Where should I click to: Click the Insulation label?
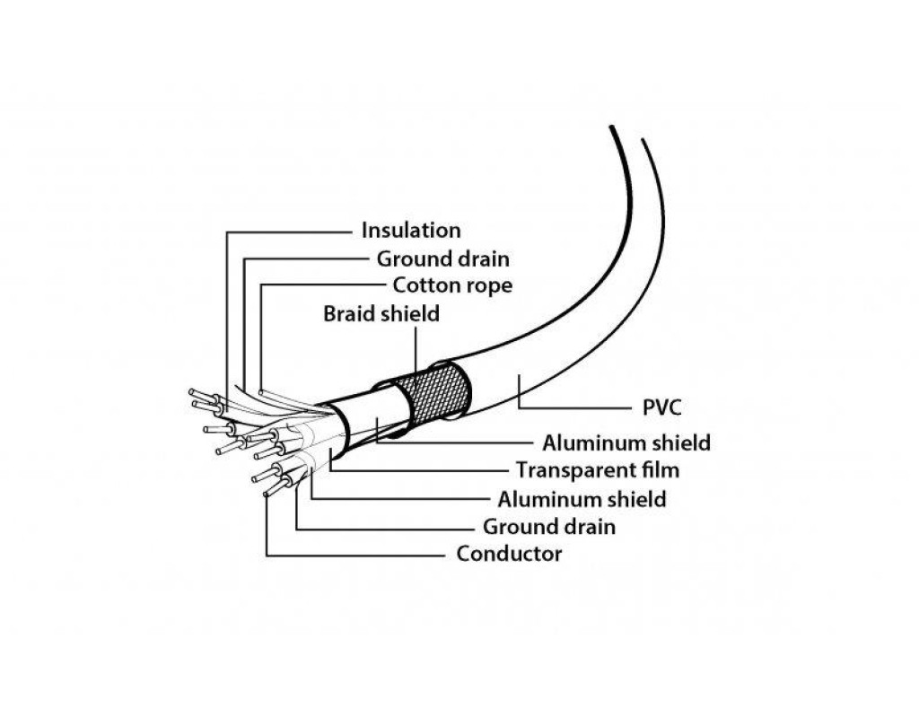coord(410,231)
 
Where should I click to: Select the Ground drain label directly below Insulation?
coord(442,259)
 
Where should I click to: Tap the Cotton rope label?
coord(452,286)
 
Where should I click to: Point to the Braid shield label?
coord(381,314)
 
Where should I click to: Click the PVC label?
coord(662,408)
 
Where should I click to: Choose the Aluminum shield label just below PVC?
coord(626,442)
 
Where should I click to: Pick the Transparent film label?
coord(597,470)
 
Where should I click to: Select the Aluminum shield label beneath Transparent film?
coord(582,499)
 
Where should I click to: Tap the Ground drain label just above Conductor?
coord(549,527)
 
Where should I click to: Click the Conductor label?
coord(509,554)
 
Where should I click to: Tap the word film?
coord(660,470)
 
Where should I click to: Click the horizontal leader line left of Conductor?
coord(359,555)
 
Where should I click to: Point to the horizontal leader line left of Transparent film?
coord(422,469)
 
